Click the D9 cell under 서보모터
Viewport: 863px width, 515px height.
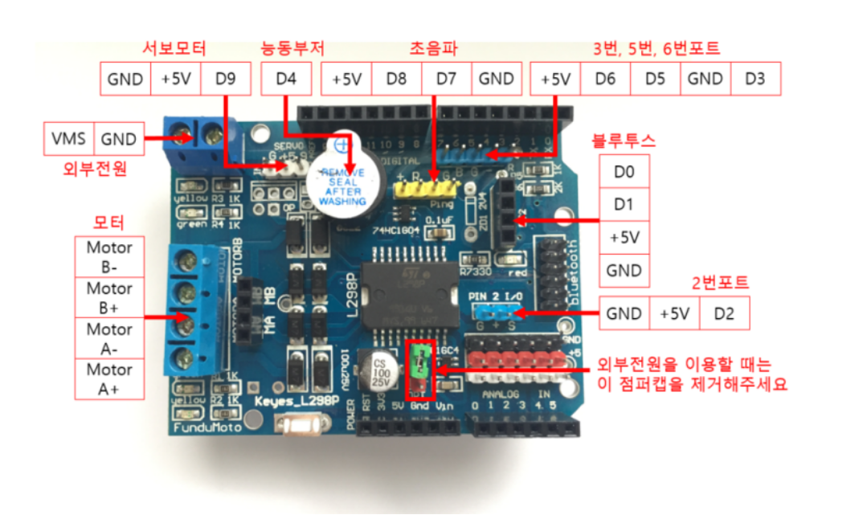tap(226, 79)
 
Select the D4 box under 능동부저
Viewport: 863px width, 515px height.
tap(285, 79)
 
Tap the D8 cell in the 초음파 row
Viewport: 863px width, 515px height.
tap(396, 79)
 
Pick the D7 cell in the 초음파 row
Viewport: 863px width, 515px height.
tap(446, 79)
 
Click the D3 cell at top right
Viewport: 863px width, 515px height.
tap(755, 80)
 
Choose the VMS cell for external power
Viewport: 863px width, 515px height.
tap(69, 139)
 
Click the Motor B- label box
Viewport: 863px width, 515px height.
tap(109, 257)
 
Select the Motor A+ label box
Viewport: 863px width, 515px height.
tap(109, 379)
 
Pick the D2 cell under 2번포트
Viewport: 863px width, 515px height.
tap(724, 313)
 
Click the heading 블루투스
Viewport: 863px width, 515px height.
tap(624, 141)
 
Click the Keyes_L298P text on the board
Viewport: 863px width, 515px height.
tap(295, 401)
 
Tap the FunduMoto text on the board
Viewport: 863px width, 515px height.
tap(202, 429)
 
